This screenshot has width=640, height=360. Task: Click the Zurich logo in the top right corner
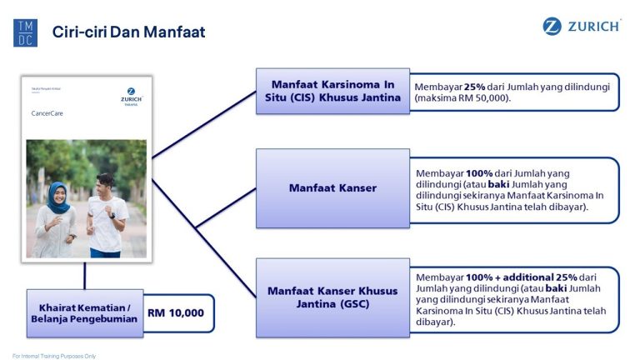(x=582, y=27)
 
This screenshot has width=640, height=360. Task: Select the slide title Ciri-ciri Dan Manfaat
(x=128, y=32)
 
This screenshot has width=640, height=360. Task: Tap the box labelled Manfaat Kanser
(x=332, y=187)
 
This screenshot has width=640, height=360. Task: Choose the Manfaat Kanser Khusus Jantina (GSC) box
(x=332, y=297)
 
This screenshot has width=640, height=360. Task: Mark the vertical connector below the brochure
(x=84, y=275)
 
